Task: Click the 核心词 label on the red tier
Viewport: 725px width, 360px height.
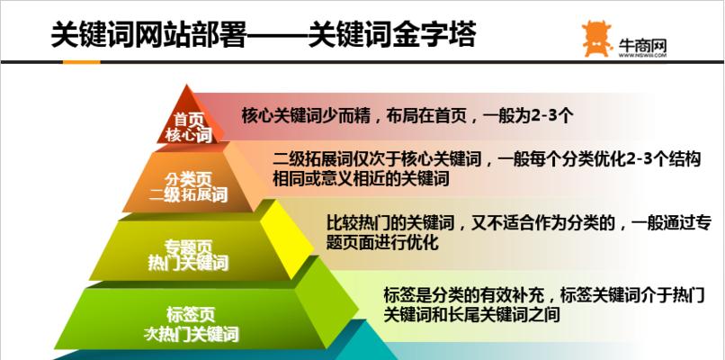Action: click(x=188, y=136)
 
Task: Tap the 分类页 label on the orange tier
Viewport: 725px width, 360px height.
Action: click(x=189, y=178)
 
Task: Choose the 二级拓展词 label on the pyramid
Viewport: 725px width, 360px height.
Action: click(x=189, y=194)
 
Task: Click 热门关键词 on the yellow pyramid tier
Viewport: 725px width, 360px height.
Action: click(x=188, y=263)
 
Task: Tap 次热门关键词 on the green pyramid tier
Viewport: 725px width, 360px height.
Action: click(x=191, y=334)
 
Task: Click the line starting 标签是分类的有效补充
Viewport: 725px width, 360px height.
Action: click(x=542, y=294)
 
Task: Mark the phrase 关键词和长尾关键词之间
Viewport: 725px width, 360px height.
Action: click(x=471, y=315)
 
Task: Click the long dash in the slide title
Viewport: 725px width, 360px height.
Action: click(x=278, y=34)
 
